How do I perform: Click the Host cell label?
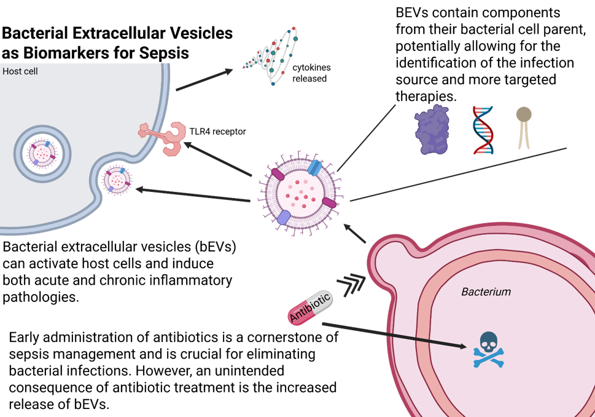(20, 71)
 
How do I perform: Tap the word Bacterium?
(486, 292)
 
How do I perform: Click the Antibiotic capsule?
(310, 308)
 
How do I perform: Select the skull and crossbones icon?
(489, 349)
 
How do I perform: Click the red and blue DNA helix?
(483, 129)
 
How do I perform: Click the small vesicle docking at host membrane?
(117, 180)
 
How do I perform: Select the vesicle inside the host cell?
(42, 154)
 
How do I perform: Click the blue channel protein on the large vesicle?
(314, 168)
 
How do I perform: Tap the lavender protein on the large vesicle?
(283, 216)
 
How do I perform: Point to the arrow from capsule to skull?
(393, 335)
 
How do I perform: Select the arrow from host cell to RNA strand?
(204, 80)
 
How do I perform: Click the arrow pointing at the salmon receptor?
(218, 160)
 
